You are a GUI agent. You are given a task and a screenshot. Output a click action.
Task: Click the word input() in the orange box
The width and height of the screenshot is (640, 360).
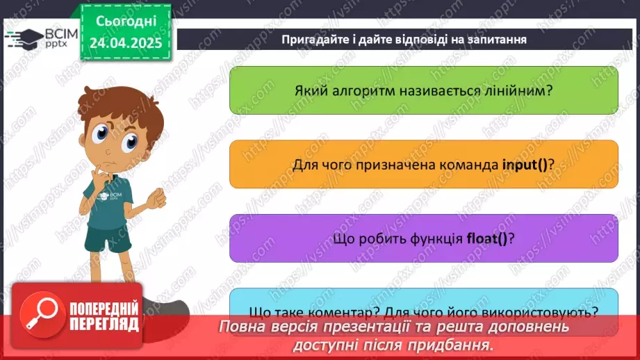pos(526,164)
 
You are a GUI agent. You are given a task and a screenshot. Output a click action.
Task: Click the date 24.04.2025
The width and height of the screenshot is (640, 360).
pos(126,43)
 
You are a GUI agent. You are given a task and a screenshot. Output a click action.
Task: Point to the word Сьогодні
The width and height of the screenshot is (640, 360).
pos(126,22)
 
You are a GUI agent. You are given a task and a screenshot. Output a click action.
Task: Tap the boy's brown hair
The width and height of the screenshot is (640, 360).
pos(118,104)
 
